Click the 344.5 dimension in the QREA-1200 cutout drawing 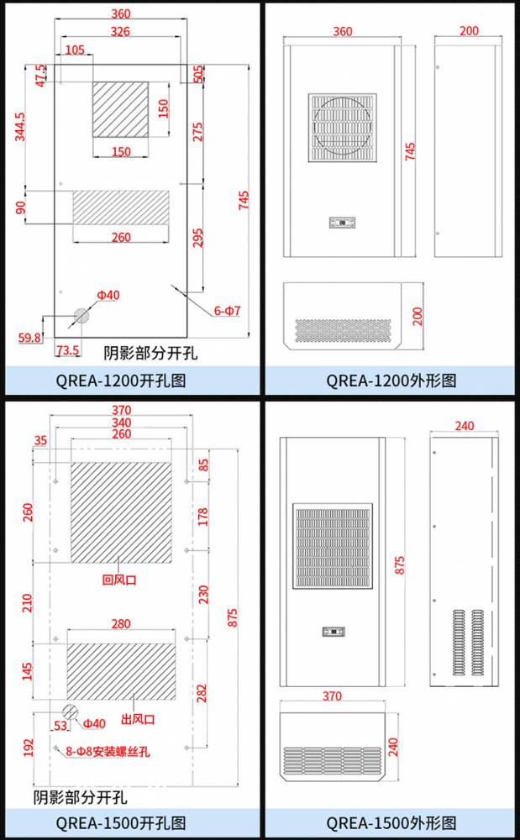point(20,127)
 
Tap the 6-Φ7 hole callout point(228,310)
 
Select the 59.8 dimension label point(29,338)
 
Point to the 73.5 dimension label point(68,350)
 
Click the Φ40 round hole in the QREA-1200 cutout point(81,316)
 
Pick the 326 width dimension point(120,32)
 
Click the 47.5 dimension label point(40,76)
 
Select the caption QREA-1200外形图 point(391,381)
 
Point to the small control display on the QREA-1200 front point(343,222)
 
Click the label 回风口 point(119,580)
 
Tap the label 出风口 point(138,719)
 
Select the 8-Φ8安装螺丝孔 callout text point(108,752)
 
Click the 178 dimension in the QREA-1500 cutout point(203,517)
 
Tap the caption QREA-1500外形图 point(391,822)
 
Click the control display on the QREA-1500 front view point(334,632)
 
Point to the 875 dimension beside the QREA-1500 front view point(400,565)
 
